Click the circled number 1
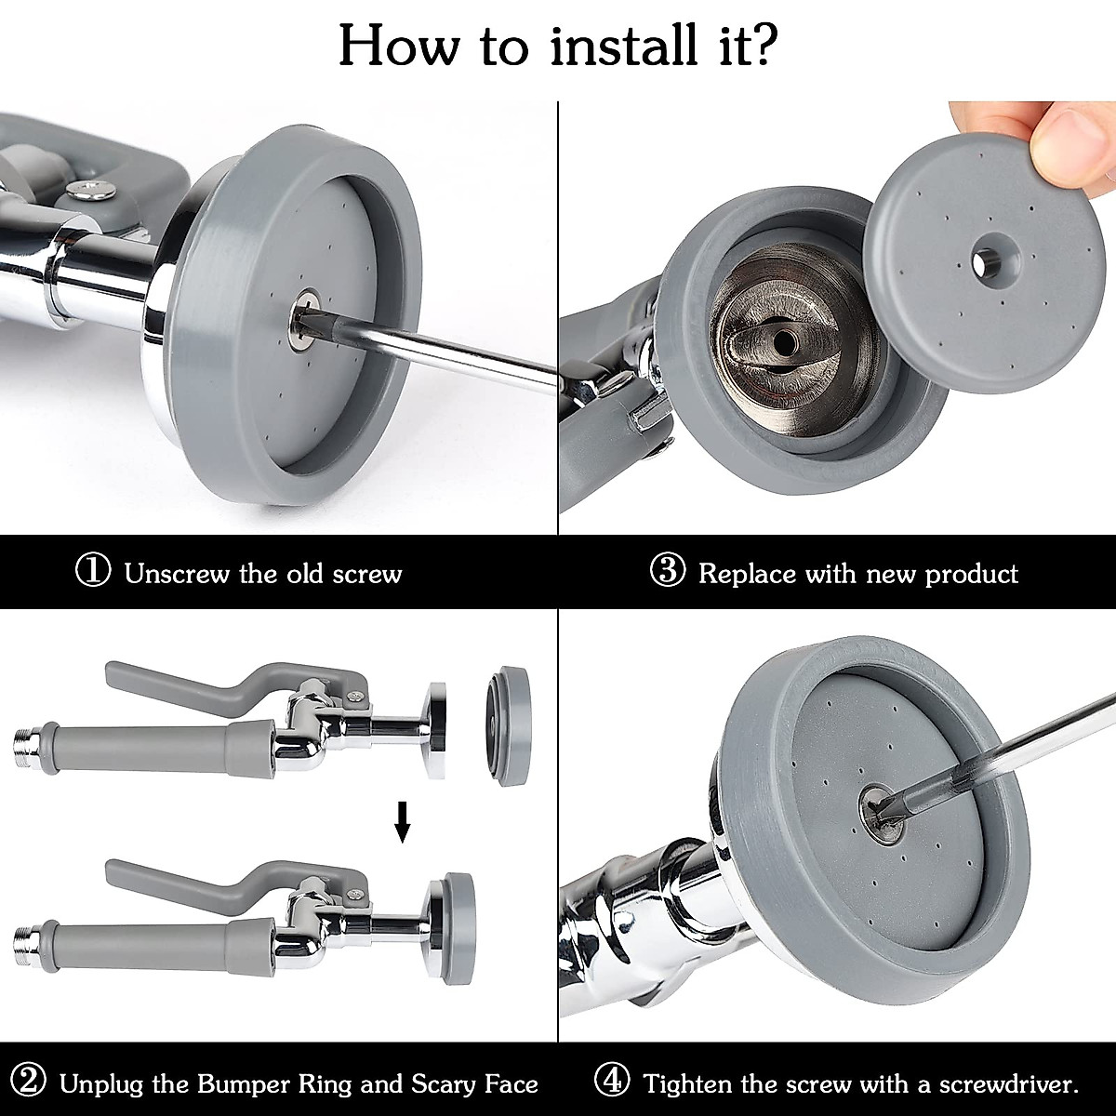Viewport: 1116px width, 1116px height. pos(93,571)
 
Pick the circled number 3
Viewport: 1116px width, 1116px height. pos(668,571)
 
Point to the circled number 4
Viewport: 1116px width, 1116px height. pos(612,1082)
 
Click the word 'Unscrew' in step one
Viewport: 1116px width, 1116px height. pos(177,574)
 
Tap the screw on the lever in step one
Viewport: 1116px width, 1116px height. pos(93,189)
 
